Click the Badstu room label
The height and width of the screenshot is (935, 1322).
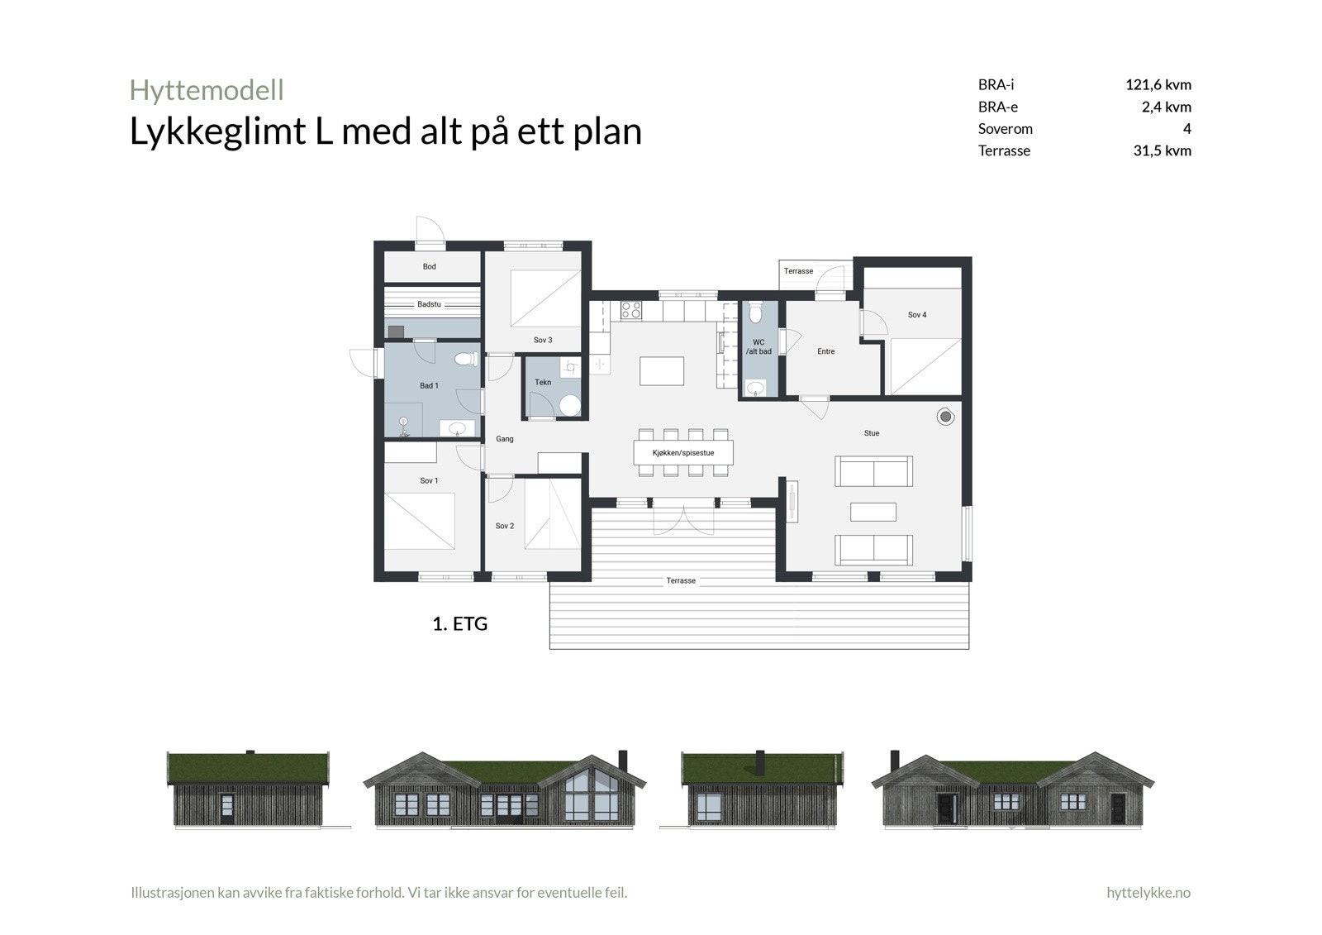(429, 304)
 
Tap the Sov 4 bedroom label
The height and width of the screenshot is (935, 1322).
(917, 315)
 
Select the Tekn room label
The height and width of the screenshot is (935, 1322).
(543, 382)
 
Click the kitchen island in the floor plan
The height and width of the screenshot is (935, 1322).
(662, 370)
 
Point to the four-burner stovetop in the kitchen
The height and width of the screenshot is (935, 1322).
(631, 310)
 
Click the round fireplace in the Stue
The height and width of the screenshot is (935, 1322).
(945, 417)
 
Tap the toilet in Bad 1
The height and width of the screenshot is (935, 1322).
(466, 360)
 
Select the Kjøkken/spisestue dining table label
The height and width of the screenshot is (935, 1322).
(682, 453)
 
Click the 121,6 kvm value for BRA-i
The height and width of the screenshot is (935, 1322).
(1158, 84)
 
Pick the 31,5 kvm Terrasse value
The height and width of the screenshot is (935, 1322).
(1162, 150)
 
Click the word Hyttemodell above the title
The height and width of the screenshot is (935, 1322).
(207, 89)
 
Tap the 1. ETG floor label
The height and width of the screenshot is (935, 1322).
(460, 624)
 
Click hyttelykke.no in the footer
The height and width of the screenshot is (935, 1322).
(1148, 893)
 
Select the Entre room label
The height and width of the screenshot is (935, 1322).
(826, 351)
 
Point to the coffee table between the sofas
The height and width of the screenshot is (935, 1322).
(873, 512)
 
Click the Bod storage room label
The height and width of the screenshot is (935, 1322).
(430, 266)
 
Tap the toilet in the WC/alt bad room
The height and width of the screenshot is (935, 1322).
(754, 314)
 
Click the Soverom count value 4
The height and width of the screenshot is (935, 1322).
(1186, 128)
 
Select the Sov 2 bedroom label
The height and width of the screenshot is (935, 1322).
(505, 526)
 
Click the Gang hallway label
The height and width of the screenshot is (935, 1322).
(505, 439)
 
